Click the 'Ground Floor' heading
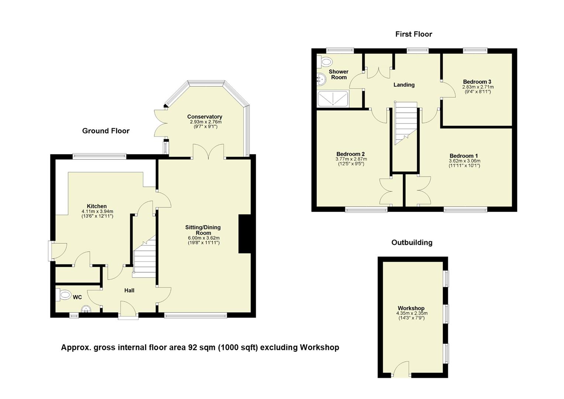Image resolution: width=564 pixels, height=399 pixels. click(106, 131)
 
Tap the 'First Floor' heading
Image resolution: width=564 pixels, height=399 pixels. click(413, 34)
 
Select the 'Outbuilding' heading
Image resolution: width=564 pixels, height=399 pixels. click(412, 242)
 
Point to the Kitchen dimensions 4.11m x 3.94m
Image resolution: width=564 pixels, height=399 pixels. click(97, 211)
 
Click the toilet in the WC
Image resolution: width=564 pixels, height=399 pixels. click(64, 295)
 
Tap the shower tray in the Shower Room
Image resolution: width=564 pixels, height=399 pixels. click(333, 99)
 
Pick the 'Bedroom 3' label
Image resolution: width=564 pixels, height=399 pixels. click(477, 82)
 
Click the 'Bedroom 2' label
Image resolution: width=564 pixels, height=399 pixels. click(350, 154)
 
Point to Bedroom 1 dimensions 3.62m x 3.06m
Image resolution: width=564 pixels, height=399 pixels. click(464, 161)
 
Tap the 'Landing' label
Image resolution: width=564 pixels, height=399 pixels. click(404, 85)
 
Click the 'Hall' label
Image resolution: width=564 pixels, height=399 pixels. click(129, 290)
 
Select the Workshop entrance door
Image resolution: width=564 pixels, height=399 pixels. click(401, 370)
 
